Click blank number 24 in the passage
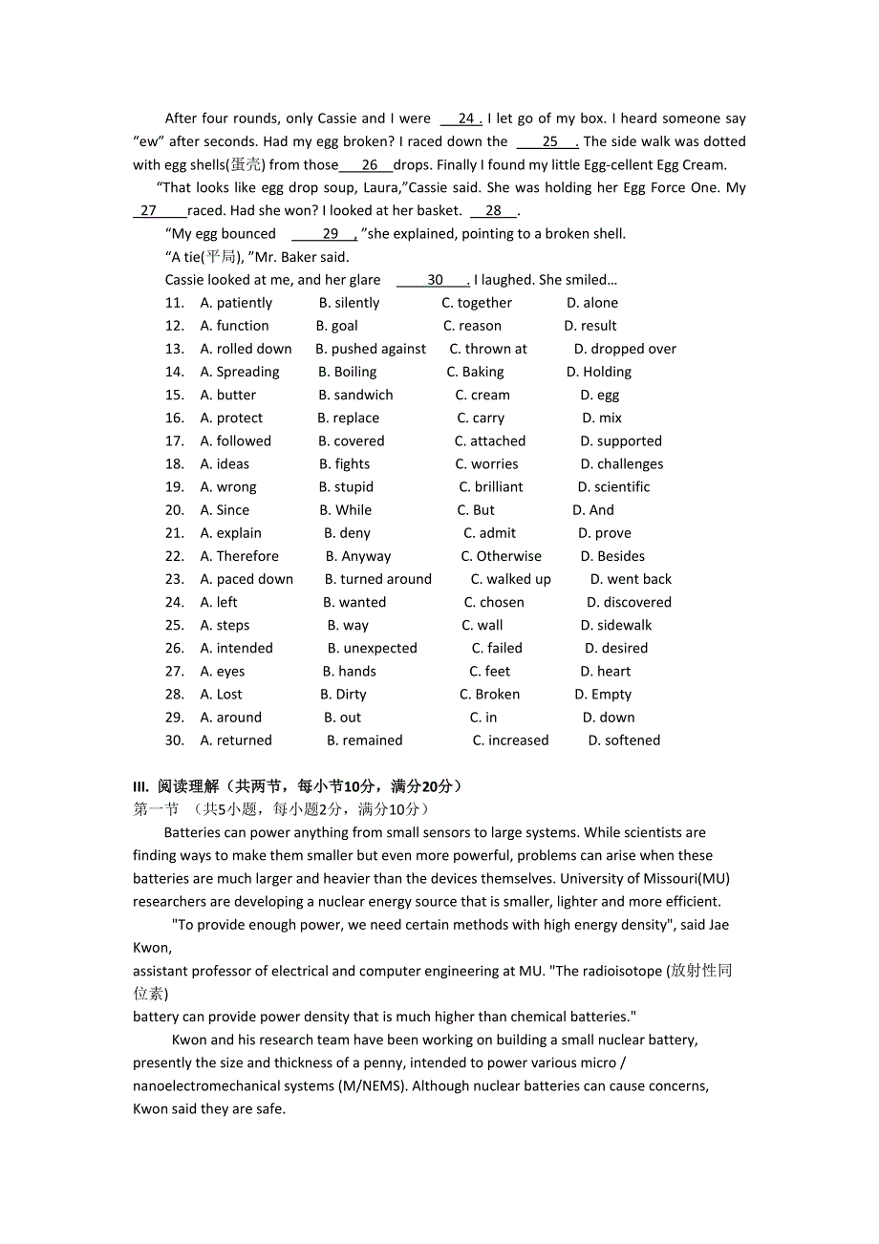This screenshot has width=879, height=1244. pos(465,118)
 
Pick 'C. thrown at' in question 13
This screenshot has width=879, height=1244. pos(487,349)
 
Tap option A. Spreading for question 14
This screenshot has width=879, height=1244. pos(240,372)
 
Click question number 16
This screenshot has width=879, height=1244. pos(174,418)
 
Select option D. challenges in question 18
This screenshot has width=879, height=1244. pos(621,464)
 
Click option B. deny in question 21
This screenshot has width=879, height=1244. pos(347,533)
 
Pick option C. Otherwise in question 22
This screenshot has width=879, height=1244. pos(501,556)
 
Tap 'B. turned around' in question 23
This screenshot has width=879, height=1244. pos(377,579)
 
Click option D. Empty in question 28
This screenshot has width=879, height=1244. pos(603,695)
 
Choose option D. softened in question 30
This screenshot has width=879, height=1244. pos(624,740)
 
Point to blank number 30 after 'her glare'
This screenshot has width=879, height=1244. pos(436,280)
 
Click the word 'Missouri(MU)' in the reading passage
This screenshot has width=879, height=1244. pos(684,878)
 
